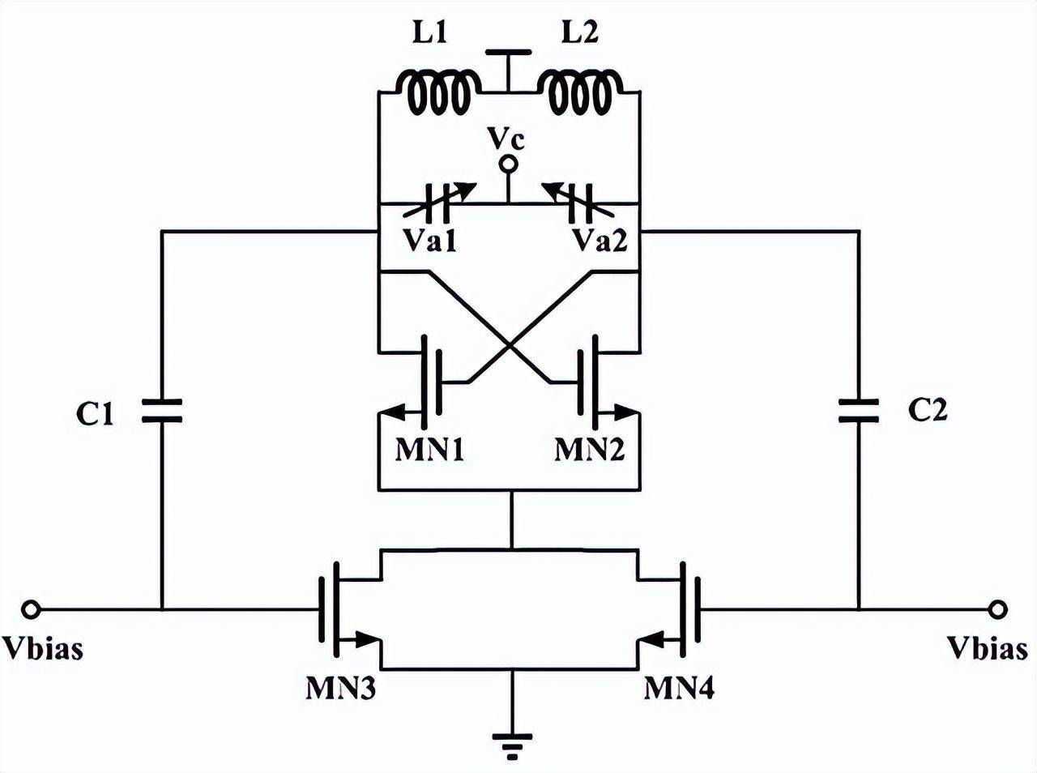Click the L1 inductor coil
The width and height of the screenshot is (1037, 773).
tap(435, 92)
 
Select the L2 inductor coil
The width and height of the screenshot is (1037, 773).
tap(581, 92)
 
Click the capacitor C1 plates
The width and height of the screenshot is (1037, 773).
tap(162, 410)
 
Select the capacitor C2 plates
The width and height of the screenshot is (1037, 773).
tap(859, 410)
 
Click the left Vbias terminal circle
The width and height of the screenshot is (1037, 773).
tap(30, 609)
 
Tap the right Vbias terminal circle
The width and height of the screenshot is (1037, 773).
tap(998, 609)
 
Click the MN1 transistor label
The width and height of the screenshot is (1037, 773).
tap(429, 449)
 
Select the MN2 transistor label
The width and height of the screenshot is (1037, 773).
tap(590, 449)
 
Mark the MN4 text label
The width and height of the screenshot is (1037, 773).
tap(680, 688)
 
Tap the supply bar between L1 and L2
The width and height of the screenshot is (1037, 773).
tap(508, 53)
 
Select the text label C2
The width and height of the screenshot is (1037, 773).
tap(927, 410)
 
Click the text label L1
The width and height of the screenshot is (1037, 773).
tap(430, 34)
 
